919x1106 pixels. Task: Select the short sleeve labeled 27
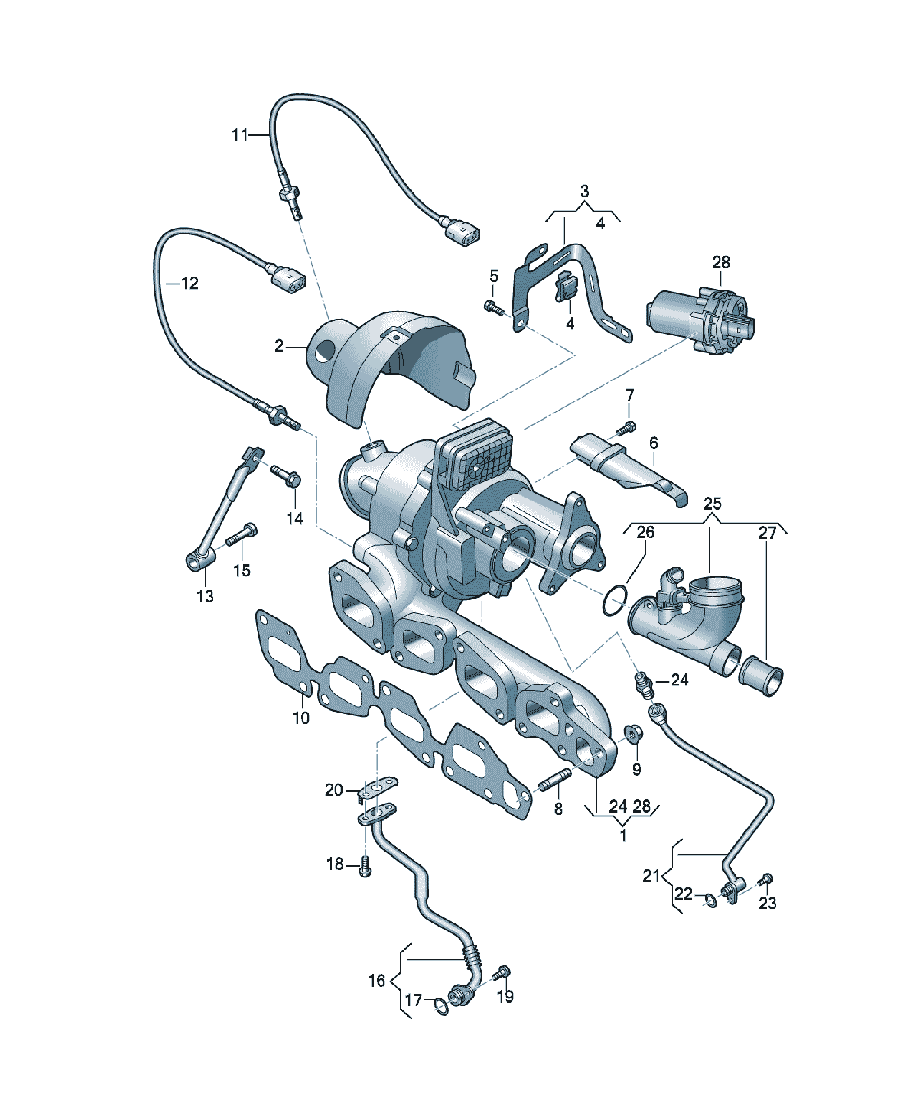point(761,676)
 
